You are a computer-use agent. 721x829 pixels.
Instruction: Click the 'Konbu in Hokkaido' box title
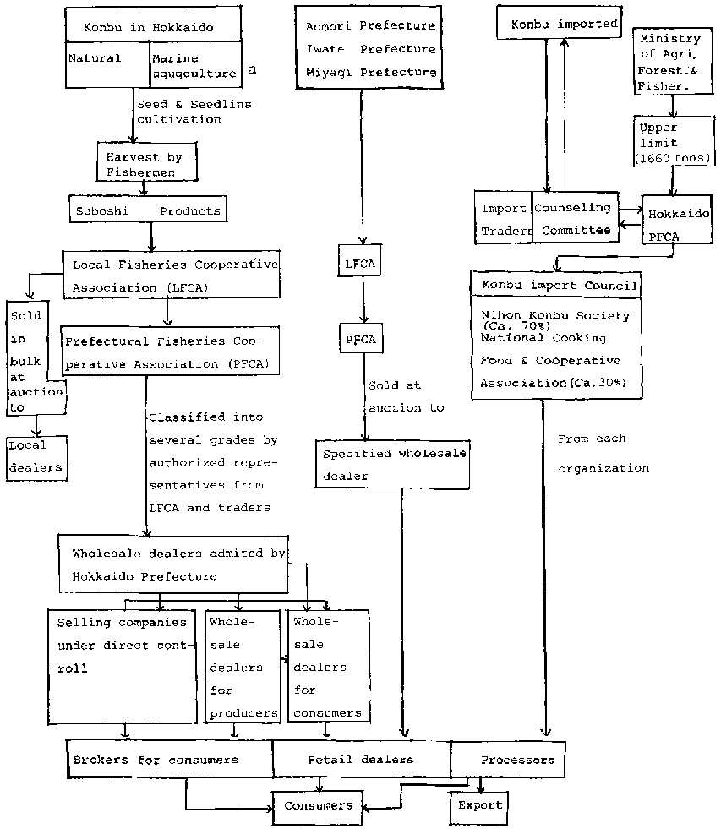pyautogui.click(x=149, y=28)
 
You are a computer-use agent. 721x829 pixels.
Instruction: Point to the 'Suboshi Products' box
pyautogui.click(x=148, y=210)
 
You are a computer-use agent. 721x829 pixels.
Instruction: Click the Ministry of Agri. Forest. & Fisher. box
pyautogui.click(x=670, y=62)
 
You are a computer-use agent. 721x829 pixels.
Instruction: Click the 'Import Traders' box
pyautogui.click(x=505, y=219)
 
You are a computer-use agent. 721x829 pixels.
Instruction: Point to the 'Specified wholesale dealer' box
pyautogui.click(x=393, y=464)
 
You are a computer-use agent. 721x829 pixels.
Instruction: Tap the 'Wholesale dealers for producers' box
pyautogui.click(x=243, y=666)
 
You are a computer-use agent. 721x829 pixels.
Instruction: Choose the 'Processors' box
pyautogui.click(x=516, y=760)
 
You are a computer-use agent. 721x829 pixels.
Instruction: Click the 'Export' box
pyautogui.click(x=479, y=805)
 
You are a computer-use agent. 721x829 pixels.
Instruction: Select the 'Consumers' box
pyautogui.click(x=317, y=806)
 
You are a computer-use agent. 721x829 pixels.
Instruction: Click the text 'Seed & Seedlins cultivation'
pyautogui.click(x=193, y=112)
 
